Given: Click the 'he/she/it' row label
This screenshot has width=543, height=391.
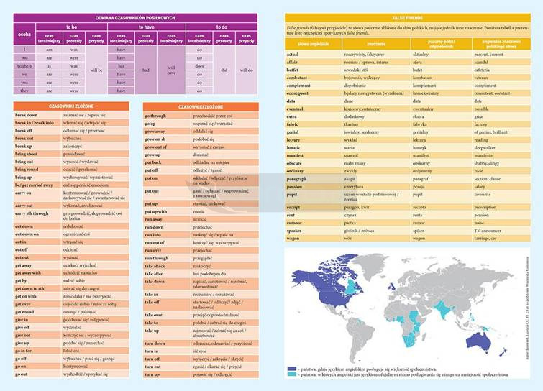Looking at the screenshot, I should click(x=24, y=65).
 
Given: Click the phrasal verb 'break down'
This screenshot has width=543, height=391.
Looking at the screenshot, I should click(x=27, y=115).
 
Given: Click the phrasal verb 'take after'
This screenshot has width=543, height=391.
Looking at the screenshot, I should click(x=155, y=274).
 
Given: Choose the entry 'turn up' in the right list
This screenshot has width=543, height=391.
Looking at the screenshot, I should click(x=152, y=374).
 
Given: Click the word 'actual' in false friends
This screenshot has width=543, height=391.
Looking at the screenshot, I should click(x=293, y=55).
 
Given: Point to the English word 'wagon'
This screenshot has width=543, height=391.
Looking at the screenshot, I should click(x=293, y=238).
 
